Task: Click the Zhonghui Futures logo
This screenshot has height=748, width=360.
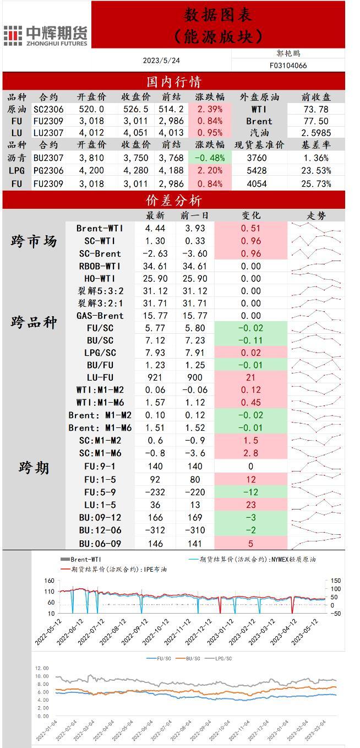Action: point(45,35)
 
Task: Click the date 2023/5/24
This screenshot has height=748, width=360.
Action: point(161,60)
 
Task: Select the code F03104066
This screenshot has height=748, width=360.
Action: point(288,66)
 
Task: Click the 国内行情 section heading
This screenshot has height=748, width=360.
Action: point(174,82)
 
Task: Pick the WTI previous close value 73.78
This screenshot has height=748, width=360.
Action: point(316,109)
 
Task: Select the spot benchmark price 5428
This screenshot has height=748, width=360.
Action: point(257,170)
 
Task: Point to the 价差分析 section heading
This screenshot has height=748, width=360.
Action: point(174,200)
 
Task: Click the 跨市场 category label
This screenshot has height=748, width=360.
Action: point(34,241)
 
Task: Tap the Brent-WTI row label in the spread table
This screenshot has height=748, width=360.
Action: point(100,228)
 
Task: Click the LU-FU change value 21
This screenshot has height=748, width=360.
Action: point(251,377)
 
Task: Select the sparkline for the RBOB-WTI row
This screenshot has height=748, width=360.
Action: point(317,266)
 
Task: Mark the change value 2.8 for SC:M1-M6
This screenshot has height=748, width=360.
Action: point(251,453)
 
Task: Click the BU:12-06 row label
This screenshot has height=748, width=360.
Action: point(100,530)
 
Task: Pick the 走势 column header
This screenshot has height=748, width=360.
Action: point(316,215)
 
